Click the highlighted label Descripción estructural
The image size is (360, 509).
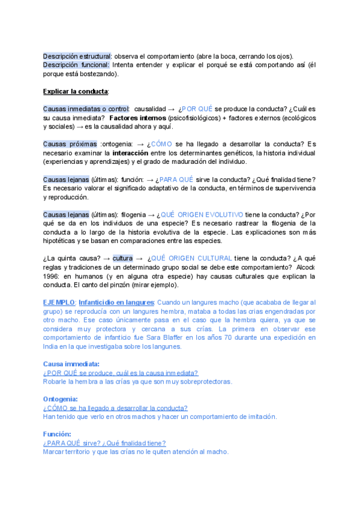[x=77, y=56]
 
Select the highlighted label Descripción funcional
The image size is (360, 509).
[x=76, y=65]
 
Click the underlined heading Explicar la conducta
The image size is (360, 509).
[x=76, y=91]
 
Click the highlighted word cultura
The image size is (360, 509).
[x=122, y=258]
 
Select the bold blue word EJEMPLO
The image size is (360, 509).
[x=59, y=302]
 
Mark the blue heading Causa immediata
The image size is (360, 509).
[x=71, y=364]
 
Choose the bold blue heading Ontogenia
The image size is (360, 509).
[x=61, y=399]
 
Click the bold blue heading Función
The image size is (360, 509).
[x=57, y=433]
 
